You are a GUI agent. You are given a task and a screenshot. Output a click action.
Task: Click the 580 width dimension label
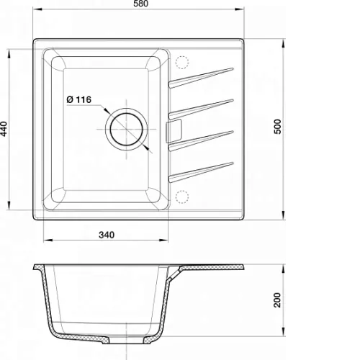coord(141,4)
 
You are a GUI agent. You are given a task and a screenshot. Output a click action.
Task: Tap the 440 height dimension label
coord(4,129)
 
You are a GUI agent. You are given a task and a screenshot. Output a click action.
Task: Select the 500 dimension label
coord(277,127)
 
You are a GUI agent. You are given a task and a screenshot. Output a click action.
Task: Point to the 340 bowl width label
coord(107,235)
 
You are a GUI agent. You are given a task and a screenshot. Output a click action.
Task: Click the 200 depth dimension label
coord(277,300)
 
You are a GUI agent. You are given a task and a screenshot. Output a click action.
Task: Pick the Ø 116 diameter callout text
coord(79,99)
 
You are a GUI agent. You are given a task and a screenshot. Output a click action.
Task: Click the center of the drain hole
coord(126,130)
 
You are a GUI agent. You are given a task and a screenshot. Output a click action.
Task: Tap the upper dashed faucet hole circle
coord(182,63)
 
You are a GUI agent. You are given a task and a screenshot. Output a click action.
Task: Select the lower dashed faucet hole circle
coord(182,197)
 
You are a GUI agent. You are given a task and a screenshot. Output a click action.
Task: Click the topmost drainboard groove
coord(201,77)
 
